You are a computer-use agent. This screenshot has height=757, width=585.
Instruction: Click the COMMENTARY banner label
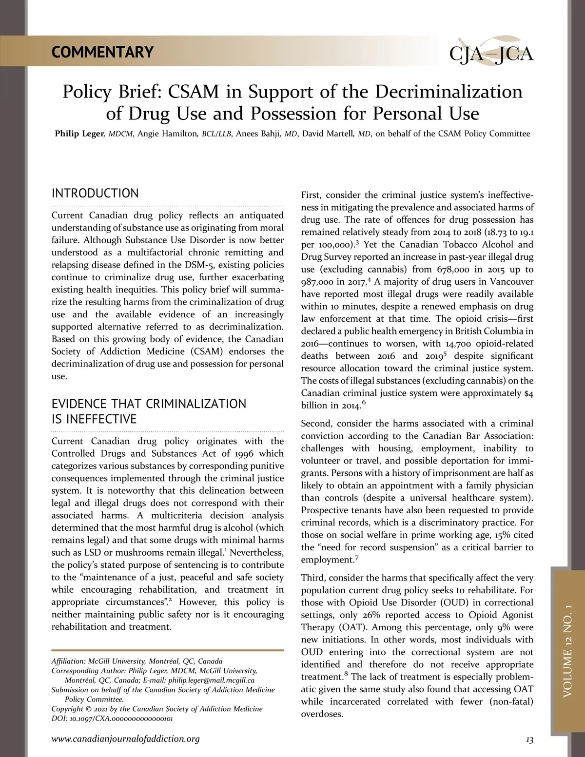point(102,52)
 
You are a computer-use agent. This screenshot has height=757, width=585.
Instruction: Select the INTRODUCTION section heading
point(95,193)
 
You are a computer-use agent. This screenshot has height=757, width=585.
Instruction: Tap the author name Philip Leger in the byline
point(79,134)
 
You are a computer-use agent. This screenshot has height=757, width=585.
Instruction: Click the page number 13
point(529,740)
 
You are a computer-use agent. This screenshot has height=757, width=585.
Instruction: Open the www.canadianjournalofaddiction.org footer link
point(126,739)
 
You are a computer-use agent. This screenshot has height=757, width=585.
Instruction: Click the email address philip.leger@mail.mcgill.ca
point(211,680)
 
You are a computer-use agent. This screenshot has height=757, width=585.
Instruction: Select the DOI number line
point(112,718)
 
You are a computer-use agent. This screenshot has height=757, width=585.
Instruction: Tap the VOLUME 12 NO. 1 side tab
point(567,651)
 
